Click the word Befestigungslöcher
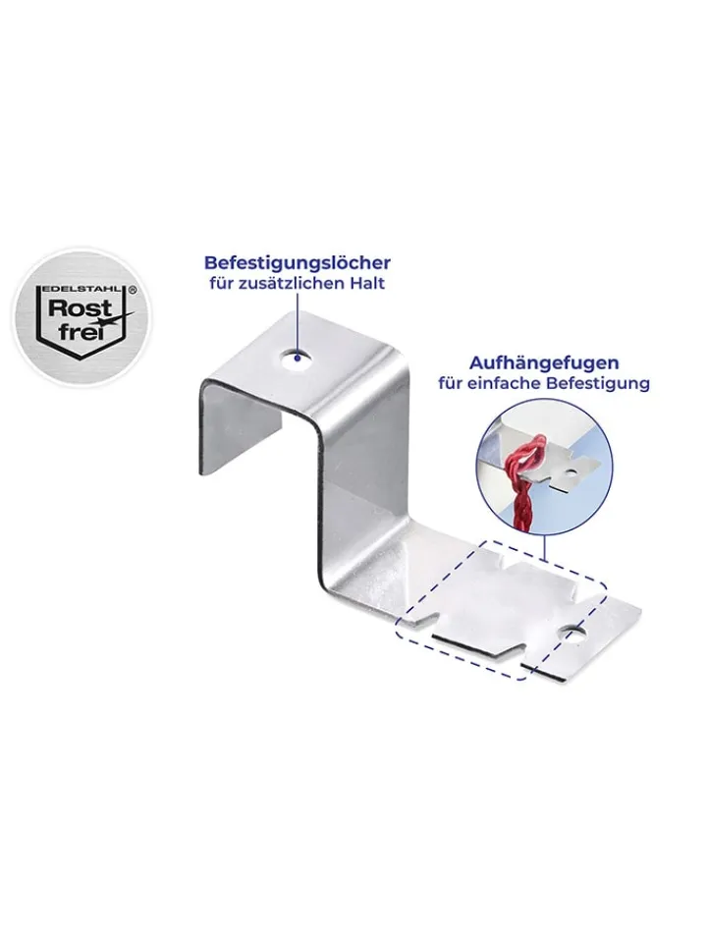tap(298, 263)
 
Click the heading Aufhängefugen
tap(544, 363)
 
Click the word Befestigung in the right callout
tap(598, 384)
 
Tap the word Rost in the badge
tap(71, 308)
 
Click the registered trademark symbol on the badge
tap(133, 289)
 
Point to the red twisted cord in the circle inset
tap(524, 481)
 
